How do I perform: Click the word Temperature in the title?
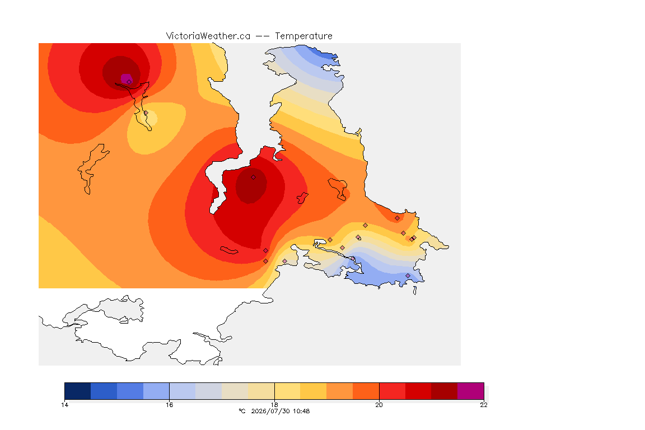303,36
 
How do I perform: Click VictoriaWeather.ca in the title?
208,36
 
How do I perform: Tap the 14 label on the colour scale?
64,405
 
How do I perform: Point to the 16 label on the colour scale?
170,405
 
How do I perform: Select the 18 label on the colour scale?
274,405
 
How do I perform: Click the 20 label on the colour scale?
379,405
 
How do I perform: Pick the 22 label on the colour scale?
484,405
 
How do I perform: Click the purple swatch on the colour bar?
470,391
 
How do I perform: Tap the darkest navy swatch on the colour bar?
78,391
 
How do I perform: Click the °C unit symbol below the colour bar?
242,411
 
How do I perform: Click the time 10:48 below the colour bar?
302,411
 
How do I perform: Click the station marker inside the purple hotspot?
129,82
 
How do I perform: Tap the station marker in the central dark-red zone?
254,177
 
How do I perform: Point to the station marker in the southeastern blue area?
408,275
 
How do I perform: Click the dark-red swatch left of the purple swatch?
444,391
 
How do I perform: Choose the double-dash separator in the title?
263,36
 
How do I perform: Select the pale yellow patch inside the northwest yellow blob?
149,118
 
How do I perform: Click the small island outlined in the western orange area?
93,168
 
